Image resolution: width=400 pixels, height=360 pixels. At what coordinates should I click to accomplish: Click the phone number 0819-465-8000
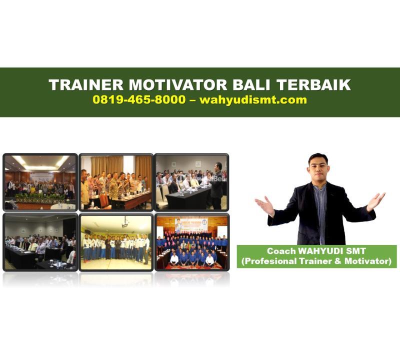coord(138,99)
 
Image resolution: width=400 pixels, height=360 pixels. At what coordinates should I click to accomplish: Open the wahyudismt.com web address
coord(253,99)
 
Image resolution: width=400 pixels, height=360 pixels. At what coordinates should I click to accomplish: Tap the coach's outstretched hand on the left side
coord(264,205)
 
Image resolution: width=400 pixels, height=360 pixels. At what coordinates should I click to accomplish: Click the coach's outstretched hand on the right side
coord(375,200)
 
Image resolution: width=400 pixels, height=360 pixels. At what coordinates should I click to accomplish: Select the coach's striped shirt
coord(320,210)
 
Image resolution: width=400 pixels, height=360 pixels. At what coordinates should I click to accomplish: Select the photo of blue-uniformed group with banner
coord(191,242)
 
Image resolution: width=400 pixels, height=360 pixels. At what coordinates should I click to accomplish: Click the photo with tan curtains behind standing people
coord(115,181)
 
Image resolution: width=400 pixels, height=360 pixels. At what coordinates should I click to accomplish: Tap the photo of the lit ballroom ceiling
coord(40,181)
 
